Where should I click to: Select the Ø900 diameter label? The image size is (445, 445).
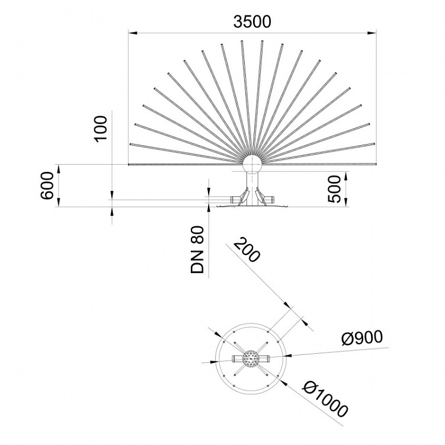tap(362, 338)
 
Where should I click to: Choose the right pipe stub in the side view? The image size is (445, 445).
tap(270, 198)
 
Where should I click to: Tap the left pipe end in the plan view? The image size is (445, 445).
tap(235, 358)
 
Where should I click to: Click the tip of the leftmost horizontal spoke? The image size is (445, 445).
tap(130, 164)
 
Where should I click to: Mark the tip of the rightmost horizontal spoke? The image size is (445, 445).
tap(374, 164)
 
